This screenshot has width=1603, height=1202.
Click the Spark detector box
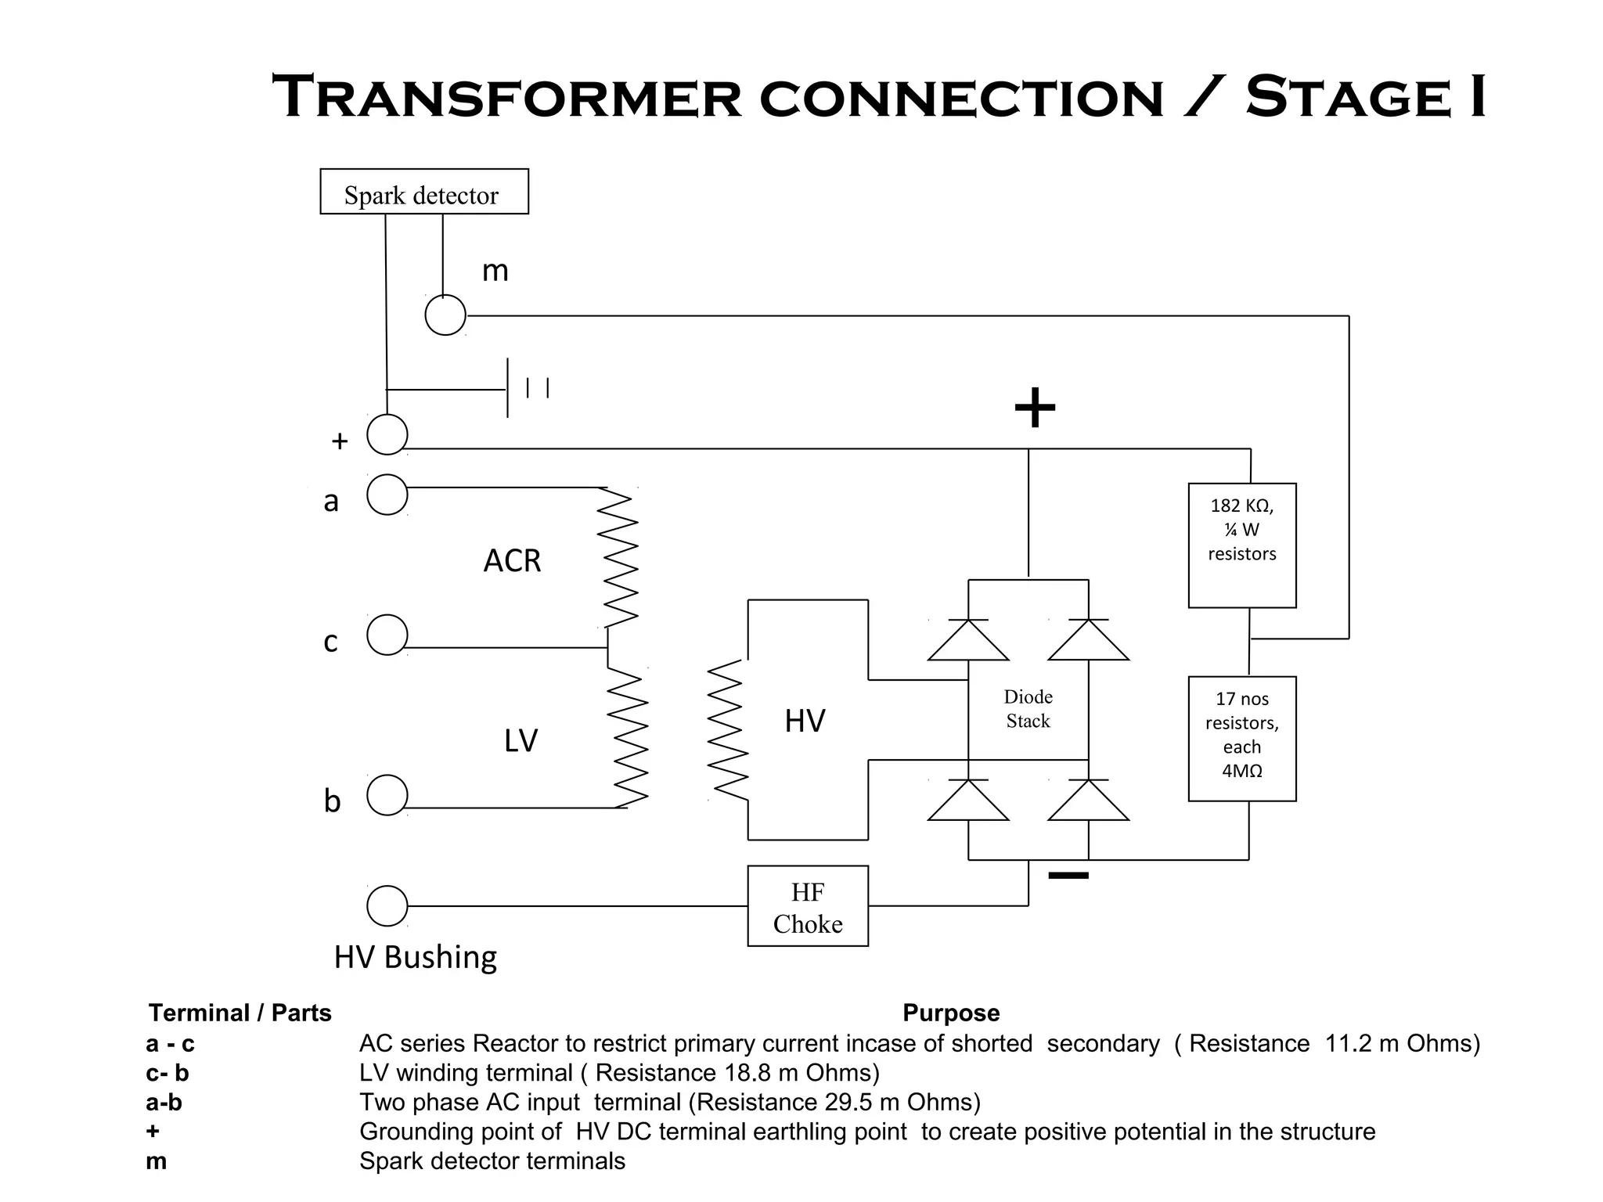(x=423, y=192)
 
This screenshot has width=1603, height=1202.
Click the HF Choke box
(x=807, y=906)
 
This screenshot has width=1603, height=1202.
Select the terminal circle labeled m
(x=445, y=315)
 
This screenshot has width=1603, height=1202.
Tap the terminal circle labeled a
(x=387, y=495)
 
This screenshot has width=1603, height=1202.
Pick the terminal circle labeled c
(x=387, y=635)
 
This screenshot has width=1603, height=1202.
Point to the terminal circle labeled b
(x=387, y=795)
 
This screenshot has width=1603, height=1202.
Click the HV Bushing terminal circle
(x=387, y=905)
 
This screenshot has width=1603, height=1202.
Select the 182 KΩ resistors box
(x=1241, y=545)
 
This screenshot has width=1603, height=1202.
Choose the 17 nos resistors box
(x=1241, y=739)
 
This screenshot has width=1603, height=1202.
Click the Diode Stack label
(x=1028, y=709)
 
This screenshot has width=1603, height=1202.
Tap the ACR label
(x=512, y=561)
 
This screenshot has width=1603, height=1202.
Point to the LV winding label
(x=521, y=740)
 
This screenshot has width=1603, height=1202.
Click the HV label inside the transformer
(x=805, y=721)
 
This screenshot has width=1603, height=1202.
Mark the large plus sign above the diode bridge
(x=1035, y=408)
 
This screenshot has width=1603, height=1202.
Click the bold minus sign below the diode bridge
(x=1068, y=876)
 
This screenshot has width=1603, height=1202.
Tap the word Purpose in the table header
(x=951, y=1013)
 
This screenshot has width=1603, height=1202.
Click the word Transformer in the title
(x=506, y=97)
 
